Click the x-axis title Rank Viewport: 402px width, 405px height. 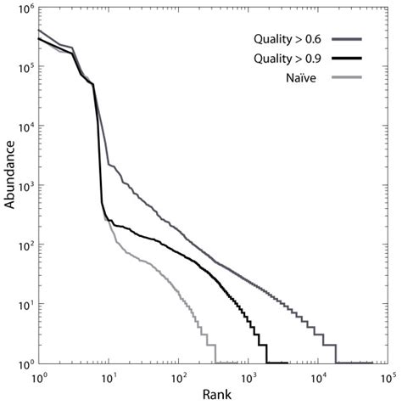212,395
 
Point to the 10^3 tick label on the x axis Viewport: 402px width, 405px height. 248,375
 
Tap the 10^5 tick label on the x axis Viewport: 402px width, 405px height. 388,375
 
